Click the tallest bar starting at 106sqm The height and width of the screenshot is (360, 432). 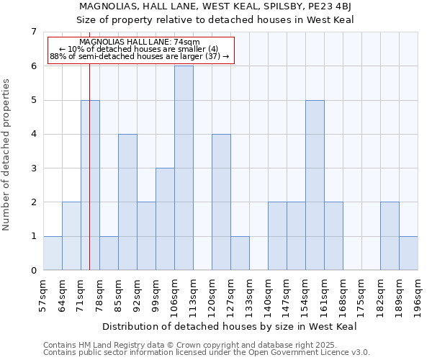coord(184,168)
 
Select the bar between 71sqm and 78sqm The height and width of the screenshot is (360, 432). coord(90,185)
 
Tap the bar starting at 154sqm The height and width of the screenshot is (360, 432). coord(315,185)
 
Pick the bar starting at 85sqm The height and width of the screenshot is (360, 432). coord(127,202)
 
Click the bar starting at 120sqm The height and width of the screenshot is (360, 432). coord(221,202)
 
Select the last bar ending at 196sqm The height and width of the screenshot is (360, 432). coord(408,253)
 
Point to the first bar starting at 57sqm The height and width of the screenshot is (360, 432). coord(53,253)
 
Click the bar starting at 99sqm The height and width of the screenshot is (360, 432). coord(165,220)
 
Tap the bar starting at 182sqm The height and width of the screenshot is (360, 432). coord(390,236)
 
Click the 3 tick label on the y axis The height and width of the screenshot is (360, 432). coord(33,168)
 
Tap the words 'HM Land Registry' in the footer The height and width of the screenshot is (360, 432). coord(105,346)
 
